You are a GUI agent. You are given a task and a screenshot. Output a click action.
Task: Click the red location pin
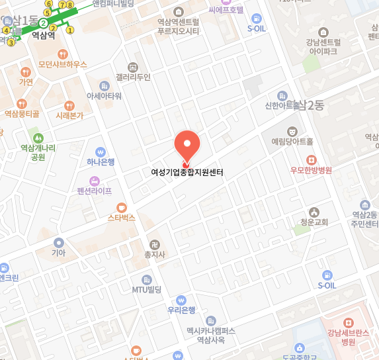pos(187,146)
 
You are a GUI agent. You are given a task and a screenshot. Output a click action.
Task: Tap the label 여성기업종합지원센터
pos(187,173)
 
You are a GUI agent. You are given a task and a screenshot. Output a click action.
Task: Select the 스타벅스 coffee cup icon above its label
pos(121,207)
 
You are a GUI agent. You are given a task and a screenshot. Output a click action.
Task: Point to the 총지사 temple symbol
pos(154,244)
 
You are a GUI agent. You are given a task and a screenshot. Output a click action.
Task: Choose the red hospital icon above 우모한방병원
pos(312,159)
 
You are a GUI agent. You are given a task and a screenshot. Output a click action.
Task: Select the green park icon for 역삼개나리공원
pos(38,138)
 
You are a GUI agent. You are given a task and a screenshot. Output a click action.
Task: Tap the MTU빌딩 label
pos(147,289)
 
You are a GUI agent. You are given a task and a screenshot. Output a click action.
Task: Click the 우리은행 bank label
pos(181,310)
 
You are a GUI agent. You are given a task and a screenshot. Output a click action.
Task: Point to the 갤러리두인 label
pos(133,77)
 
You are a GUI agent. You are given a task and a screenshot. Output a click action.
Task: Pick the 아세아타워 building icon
pos(104,85)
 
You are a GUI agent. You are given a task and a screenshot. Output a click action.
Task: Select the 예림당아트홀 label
pos(292,141)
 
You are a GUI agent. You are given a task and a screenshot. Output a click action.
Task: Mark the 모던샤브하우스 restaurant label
pos(62,64)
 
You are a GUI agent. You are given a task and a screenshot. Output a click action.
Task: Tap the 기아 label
pos(59,252)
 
